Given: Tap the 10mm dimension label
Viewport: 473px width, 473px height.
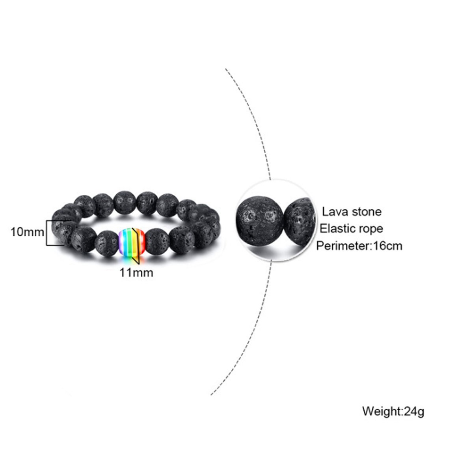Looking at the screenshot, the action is pos(27,232).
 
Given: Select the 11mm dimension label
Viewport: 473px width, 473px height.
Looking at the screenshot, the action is pos(137,272).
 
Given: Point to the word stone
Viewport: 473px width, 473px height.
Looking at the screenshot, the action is pos(366,212).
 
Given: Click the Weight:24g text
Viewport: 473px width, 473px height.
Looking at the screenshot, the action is pos(393,412).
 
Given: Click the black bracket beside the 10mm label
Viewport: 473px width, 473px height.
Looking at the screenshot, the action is pos(48,233).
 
